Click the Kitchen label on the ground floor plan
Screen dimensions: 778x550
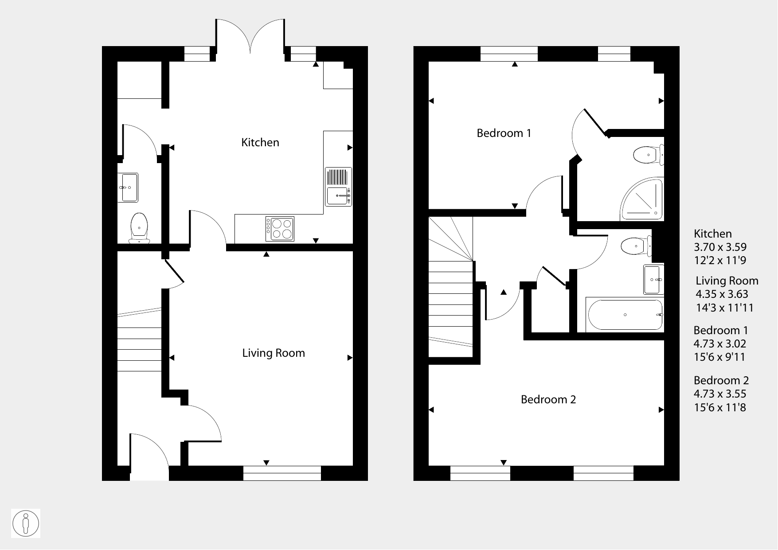click(260, 142)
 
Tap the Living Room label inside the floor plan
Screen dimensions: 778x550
click(274, 353)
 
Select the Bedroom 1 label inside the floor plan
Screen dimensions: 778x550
click(504, 133)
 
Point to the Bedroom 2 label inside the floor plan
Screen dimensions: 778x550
click(548, 399)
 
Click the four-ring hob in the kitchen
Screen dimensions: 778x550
click(280, 229)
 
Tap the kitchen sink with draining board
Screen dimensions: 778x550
click(339, 187)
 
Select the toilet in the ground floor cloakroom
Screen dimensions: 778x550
click(139, 228)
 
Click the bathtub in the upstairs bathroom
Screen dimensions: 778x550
click(625, 315)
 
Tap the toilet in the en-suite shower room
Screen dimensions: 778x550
click(649, 155)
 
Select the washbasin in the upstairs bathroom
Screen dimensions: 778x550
click(654, 280)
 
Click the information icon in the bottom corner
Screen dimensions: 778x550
click(26, 523)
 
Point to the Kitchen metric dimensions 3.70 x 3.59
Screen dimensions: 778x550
click(720, 247)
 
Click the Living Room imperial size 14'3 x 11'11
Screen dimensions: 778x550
click(725, 308)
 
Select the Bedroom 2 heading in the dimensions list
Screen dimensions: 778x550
click(721, 380)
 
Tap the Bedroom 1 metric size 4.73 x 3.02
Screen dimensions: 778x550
click(720, 343)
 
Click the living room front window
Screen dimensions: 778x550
click(282, 473)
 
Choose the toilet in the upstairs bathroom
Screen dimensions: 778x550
click(637, 246)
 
